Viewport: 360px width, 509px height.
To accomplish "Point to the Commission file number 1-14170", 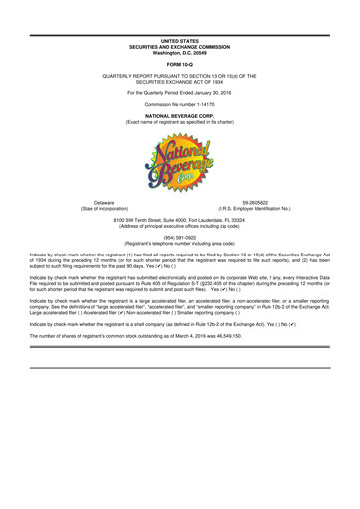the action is click(180, 104).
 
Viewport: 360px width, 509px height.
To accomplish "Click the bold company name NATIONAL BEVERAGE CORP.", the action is click(180, 116).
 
